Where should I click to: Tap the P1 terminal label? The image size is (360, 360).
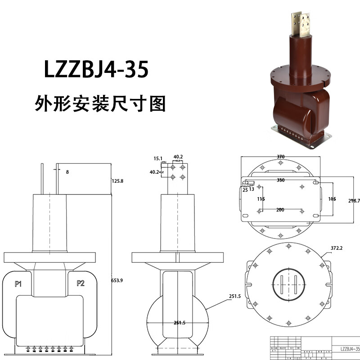point(18,283)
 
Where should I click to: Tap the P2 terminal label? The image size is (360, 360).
point(81,283)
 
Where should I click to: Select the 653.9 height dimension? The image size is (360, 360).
point(117,280)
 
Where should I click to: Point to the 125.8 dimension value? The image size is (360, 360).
point(117,181)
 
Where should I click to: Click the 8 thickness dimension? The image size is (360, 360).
point(67,171)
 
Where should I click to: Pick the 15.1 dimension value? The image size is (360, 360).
point(157,158)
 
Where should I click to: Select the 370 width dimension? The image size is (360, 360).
point(280,157)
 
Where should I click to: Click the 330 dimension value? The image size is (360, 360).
point(280,180)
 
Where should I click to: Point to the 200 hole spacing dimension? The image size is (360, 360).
point(280,210)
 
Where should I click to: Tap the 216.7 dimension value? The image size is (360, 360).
point(354,200)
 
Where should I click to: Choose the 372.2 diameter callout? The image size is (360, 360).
point(337,248)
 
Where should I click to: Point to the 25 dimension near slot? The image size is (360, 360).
point(245,190)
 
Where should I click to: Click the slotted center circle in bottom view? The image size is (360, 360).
point(288,284)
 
